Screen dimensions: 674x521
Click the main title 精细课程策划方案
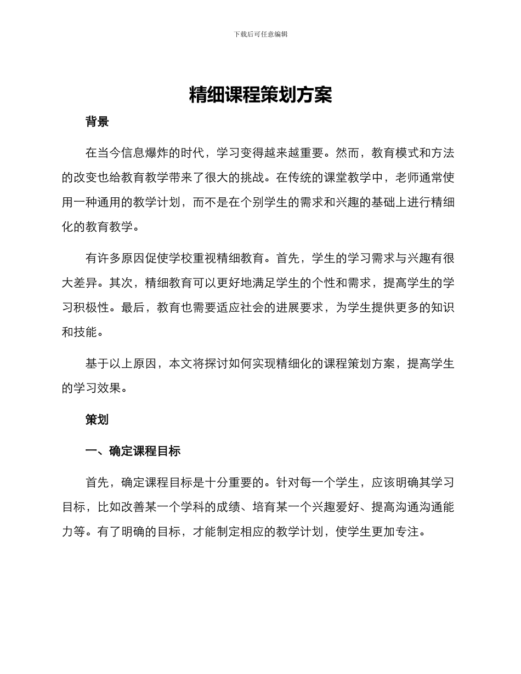click(x=260, y=95)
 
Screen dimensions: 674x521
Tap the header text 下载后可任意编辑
click(x=260, y=34)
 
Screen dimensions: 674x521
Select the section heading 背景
click(x=97, y=122)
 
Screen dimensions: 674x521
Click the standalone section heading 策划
click(x=97, y=420)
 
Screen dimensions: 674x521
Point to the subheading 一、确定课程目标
click(x=133, y=451)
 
